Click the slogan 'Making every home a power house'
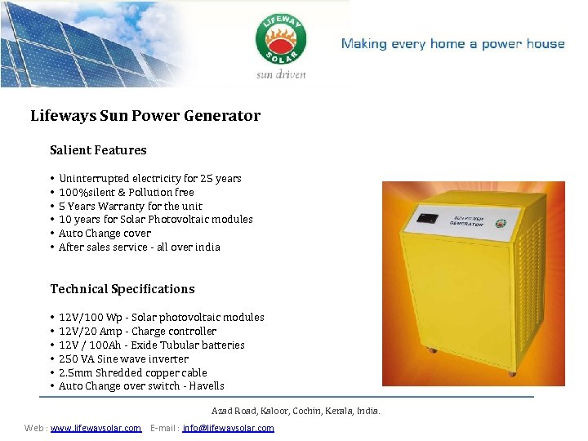click(x=452, y=44)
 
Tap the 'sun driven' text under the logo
click(x=281, y=74)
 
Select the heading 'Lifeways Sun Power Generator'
click(x=145, y=116)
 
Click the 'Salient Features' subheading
click(x=98, y=150)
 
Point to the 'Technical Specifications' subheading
click(x=122, y=289)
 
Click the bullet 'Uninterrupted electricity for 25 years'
click(x=149, y=178)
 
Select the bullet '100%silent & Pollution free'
click(x=126, y=192)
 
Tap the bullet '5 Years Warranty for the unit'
click(x=130, y=206)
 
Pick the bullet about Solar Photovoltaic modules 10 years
click(x=155, y=219)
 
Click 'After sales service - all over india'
click(x=139, y=247)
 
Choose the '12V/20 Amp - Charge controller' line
click(x=137, y=331)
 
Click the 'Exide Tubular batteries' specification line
click(x=151, y=345)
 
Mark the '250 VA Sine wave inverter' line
click(x=123, y=359)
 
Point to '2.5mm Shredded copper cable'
click(x=132, y=372)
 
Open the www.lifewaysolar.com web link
click(x=96, y=428)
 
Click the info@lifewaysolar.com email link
click(x=228, y=428)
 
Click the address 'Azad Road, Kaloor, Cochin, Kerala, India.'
click(x=296, y=411)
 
